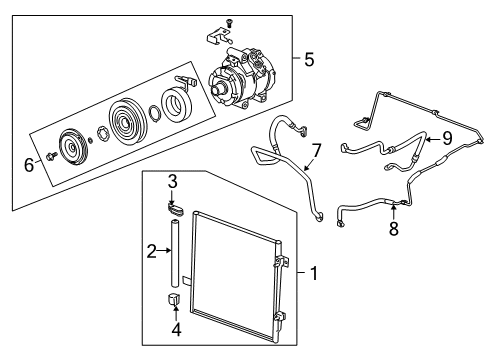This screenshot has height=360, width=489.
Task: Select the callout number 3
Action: tap(171, 180)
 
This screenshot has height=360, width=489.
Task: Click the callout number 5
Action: tap(309, 60)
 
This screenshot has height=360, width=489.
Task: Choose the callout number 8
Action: tap(393, 228)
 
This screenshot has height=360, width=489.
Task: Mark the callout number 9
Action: tap(446, 138)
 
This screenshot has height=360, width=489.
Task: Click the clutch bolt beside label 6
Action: tap(49, 158)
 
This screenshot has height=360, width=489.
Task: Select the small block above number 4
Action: tap(174, 298)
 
